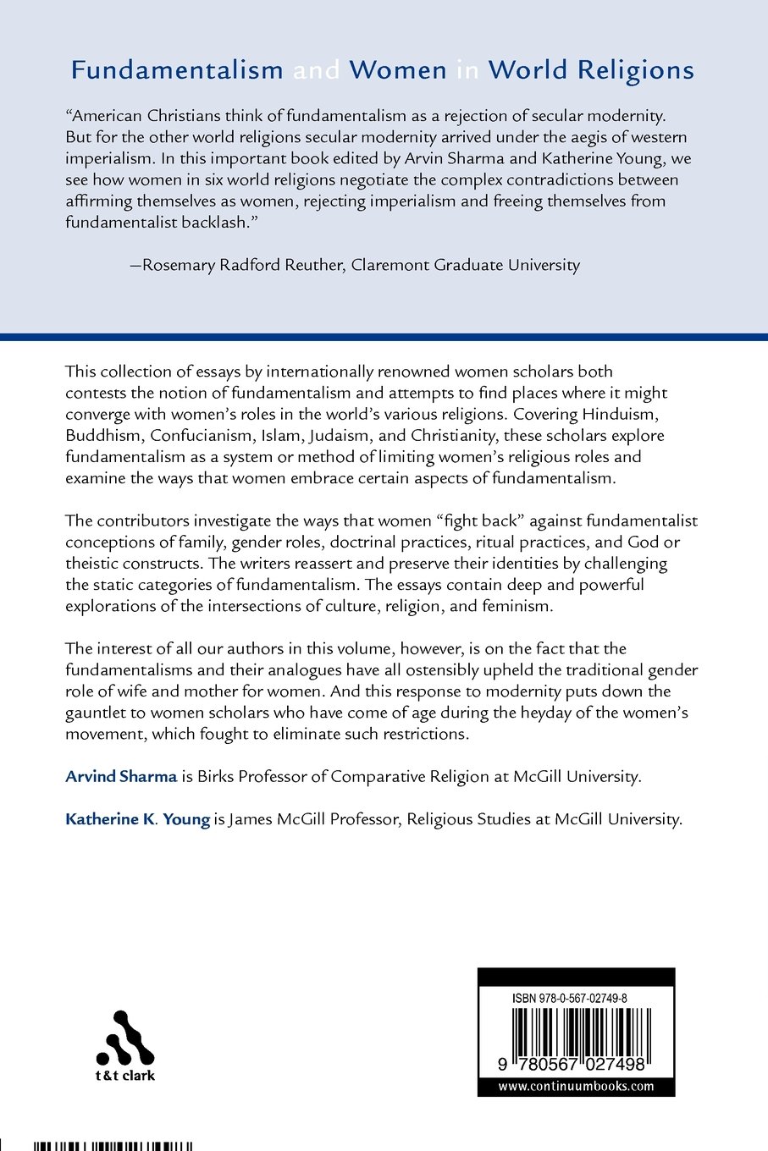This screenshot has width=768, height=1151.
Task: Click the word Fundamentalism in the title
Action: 177,70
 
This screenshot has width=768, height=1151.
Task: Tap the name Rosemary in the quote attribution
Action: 179,265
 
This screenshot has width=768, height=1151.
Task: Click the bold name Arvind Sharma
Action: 121,776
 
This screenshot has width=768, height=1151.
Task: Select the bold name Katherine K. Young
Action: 137,819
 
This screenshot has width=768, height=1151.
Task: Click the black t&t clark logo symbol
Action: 125,1038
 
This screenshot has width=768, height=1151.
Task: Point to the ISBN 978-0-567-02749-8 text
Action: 570,999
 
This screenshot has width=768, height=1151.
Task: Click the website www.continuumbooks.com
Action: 576,1087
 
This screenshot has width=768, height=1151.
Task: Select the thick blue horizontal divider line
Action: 384,337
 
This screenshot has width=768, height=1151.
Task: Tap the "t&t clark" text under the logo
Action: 125,1077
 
